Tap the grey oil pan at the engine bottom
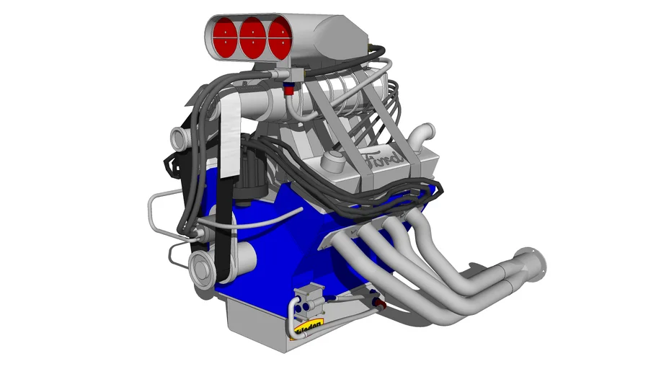[252, 321]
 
